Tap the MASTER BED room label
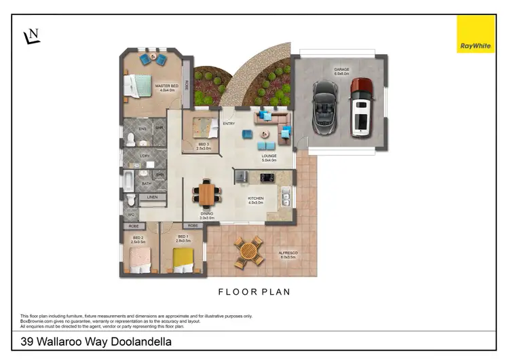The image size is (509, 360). [x=166, y=86]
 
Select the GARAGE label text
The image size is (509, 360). [x=341, y=69]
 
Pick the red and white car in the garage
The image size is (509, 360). [x=360, y=107]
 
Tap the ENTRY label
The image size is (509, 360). [x=229, y=124]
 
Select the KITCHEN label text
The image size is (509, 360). [x=256, y=198]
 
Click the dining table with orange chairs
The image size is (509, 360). [x=207, y=194]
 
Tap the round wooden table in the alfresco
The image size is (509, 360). [x=249, y=251]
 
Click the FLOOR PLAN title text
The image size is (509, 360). [x=254, y=292]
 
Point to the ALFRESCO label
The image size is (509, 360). [x=288, y=253]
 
